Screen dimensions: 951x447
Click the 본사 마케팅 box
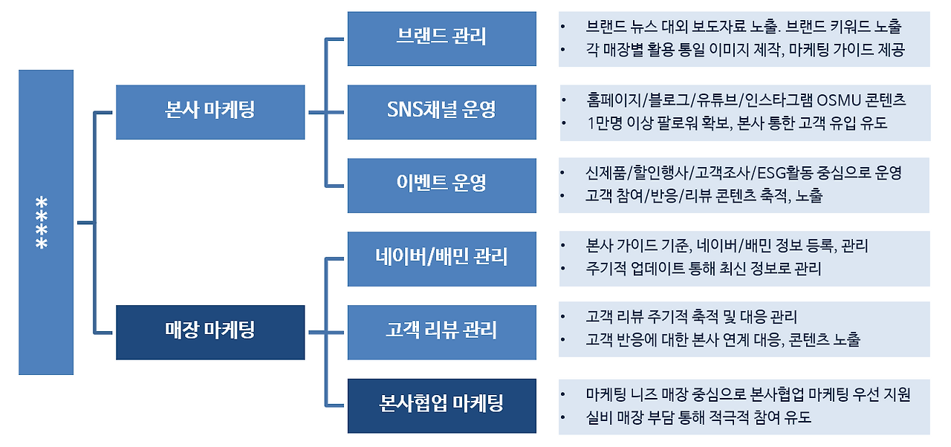click(x=210, y=112)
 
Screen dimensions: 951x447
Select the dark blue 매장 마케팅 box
click(x=210, y=333)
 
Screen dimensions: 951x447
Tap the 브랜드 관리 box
click(x=441, y=39)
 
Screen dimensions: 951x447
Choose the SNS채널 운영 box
click(x=441, y=112)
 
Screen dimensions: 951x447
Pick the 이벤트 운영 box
click(x=441, y=186)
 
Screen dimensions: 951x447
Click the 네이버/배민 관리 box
click(x=441, y=258)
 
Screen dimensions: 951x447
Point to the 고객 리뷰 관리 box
click(x=441, y=333)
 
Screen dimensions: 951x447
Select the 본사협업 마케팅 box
click(x=441, y=406)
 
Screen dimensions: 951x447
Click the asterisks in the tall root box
click(x=42, y=222)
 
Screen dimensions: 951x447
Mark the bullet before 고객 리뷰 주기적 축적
click(x=563, y=317)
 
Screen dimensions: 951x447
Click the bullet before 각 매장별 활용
click(x=563, y=50)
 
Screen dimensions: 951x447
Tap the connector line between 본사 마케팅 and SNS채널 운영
click(x=326, y=112)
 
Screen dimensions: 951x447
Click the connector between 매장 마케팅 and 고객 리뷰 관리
click(x=326, y=333)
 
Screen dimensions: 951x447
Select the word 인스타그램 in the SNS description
click(x=779, y=100)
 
